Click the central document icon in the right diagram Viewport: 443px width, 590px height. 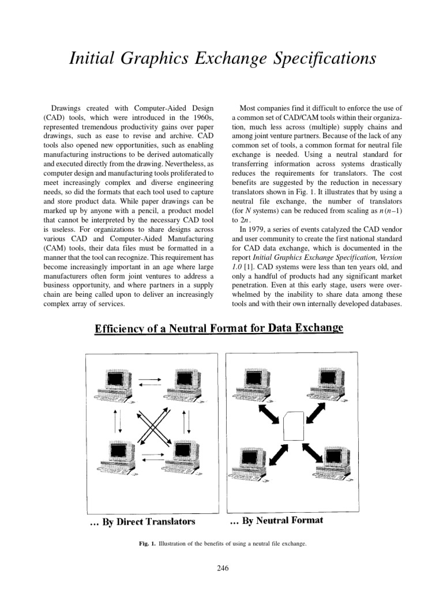295,427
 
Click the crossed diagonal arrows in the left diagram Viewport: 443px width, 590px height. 149,426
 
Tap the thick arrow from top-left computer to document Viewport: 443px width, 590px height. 271,411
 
